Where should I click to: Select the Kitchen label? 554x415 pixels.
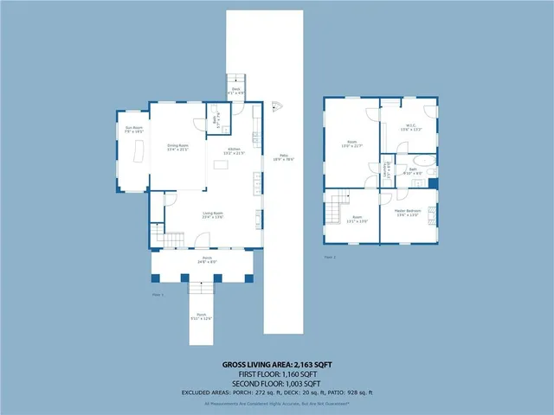[x=234, y=151]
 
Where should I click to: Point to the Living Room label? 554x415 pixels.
[x=214, y=215]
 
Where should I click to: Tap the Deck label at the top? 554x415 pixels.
[x=235, y=89]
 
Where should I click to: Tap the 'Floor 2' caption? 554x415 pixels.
[x=330, y=257]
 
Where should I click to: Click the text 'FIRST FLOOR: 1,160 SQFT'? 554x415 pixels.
[x=276, y=374]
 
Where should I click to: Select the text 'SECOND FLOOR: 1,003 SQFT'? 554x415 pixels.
[x=276, y=383]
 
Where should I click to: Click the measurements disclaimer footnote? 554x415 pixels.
[x=276, y=403]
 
